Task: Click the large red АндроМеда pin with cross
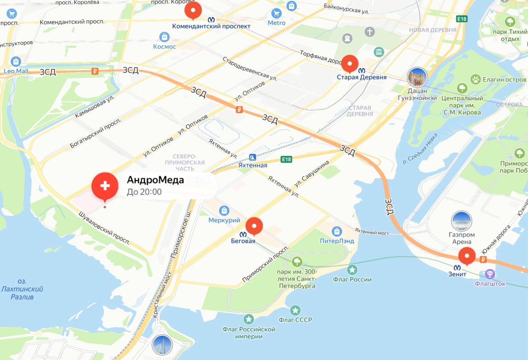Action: coord(105,186)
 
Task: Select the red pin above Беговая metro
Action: coord(254,225)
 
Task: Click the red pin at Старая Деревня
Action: coord(349,63)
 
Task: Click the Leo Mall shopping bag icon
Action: coord(16,61)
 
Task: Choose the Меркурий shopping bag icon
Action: coord(224,210)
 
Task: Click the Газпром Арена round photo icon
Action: coord(461,221)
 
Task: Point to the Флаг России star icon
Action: coord(352,270)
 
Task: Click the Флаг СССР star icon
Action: coord(295,310)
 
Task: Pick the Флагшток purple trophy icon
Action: coord(490,273)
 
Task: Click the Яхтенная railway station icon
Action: coord(252,157)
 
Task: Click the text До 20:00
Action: coord(144,192)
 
